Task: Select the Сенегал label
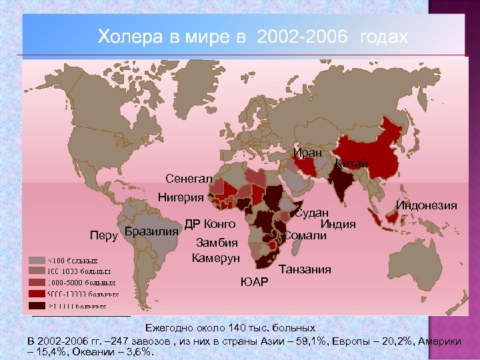[x=189, y=179]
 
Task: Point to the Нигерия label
[x=181, y=197]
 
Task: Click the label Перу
[x=104, y=235]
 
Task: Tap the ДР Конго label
[x=210, y=223]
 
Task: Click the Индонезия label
[x=427, y=205]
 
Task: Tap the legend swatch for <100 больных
[x=38, y=260]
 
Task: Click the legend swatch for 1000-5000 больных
[x=38, y=282]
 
